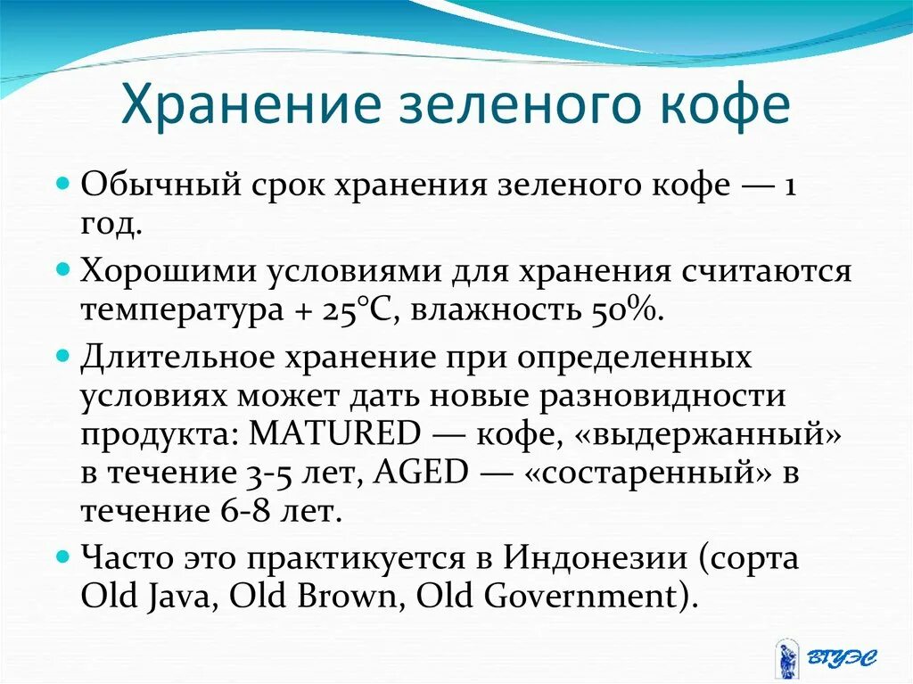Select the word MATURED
pos(334,434)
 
